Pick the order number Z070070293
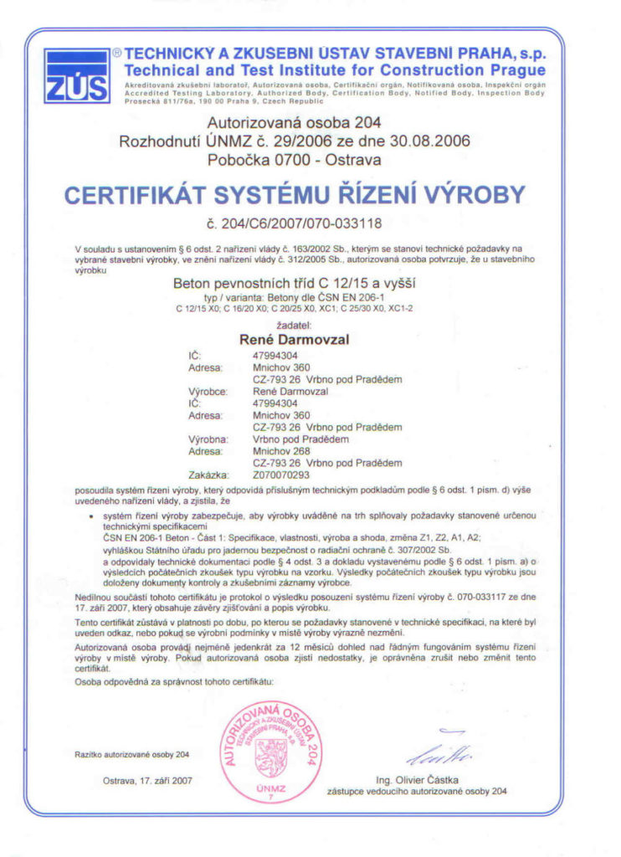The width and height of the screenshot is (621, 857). [280, 474]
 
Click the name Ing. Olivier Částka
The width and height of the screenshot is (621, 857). [416, 779]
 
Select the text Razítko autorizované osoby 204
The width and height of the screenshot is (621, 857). [132, 755]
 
